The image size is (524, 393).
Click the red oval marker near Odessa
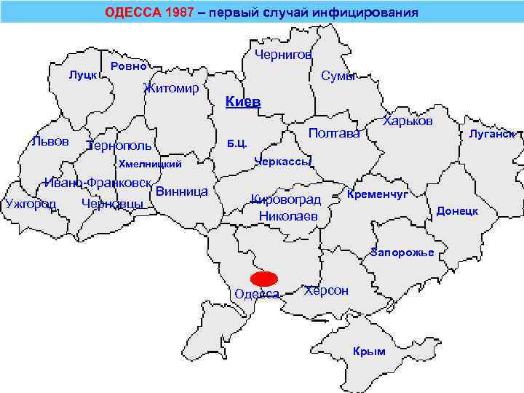coord(264,279)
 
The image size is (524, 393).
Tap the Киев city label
coord(243,102)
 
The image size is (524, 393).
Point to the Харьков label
coord(408,121)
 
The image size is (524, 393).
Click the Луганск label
coord(493,134)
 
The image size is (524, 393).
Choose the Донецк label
coord(457,211)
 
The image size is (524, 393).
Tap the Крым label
coord(368,352)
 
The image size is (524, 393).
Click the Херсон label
coord(326,291)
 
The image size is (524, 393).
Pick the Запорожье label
coord(402,253)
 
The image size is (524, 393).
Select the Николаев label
coord(289,215)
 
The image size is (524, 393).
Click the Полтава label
coord(334,133)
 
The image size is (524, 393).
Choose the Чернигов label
coord(284,55)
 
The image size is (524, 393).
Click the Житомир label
coord(172,89)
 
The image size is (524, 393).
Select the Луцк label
coord(82,75)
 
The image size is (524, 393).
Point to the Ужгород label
coord(30,203)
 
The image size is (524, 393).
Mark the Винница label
coord(182,192)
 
